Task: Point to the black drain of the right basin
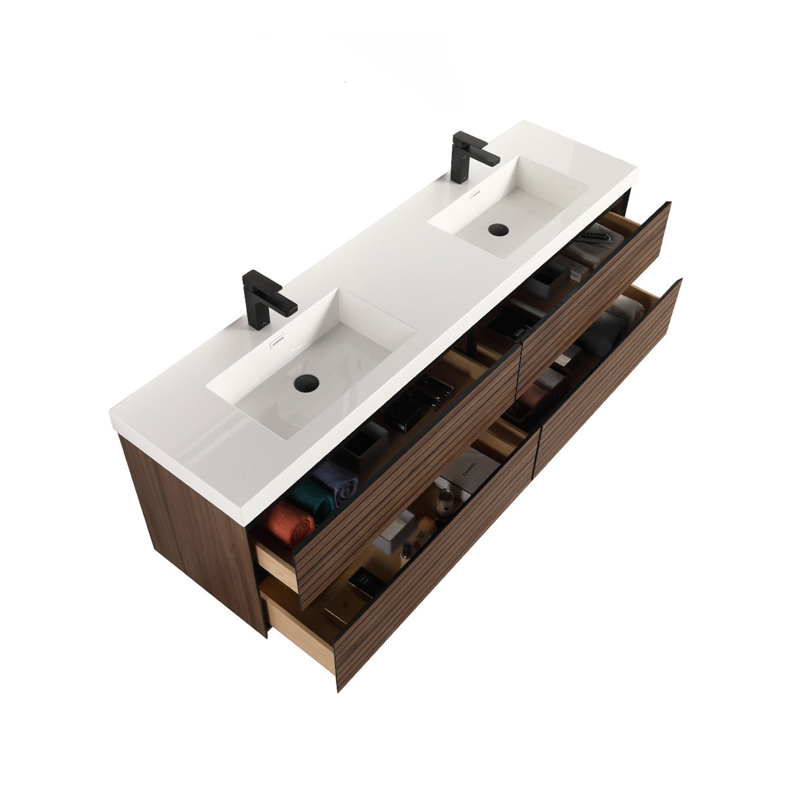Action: tap(498, 230)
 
